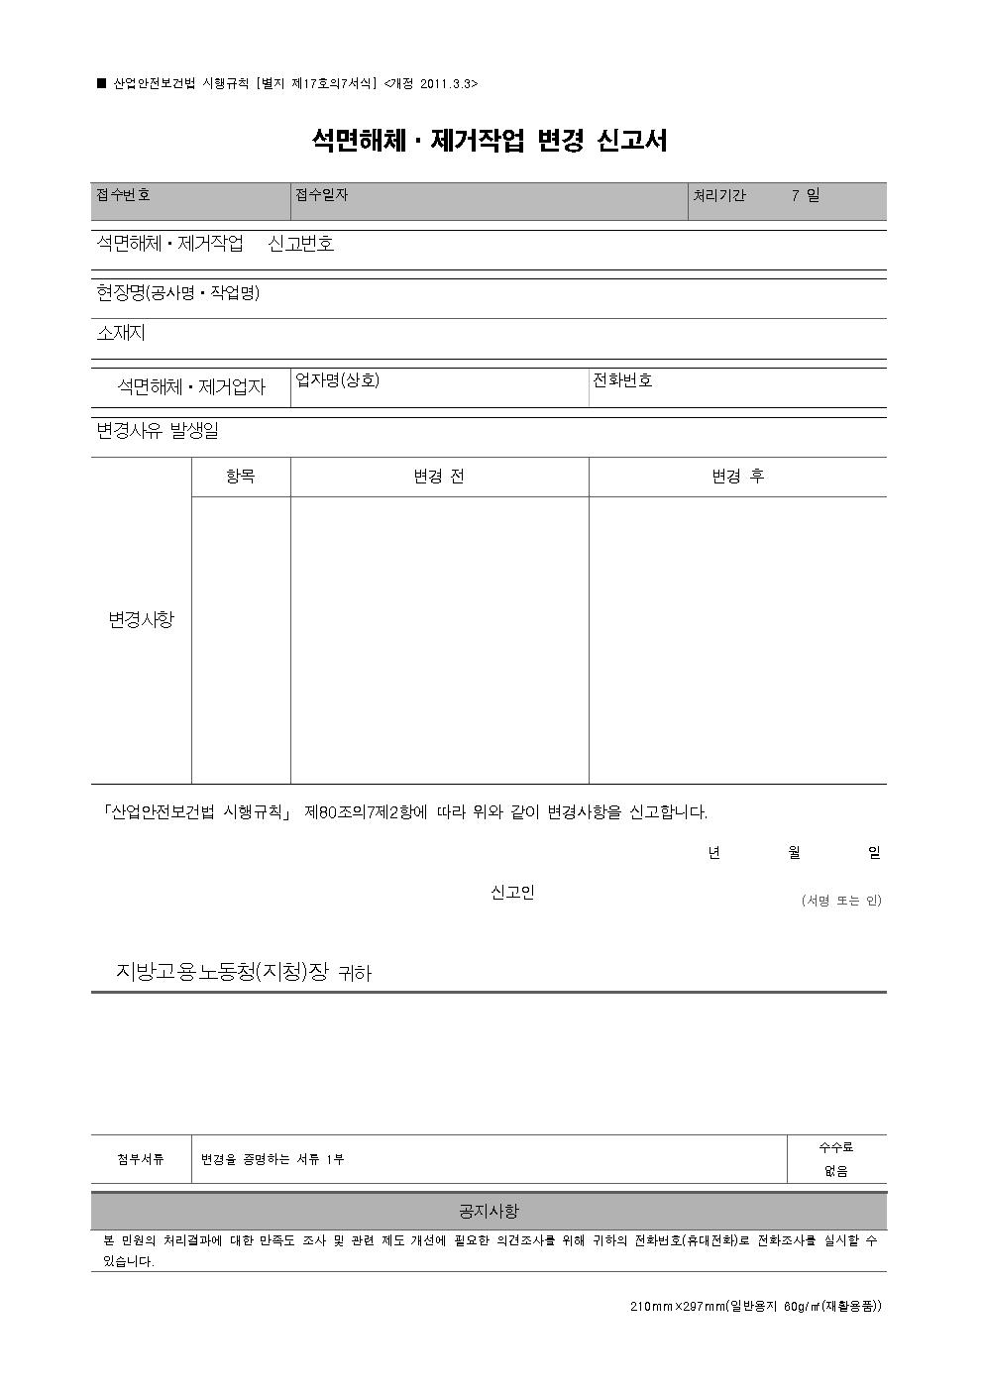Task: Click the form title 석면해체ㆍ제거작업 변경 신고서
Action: [x=490, y=141]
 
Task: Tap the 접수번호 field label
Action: [x=123, y=195]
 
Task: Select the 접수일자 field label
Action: [x=321, y=195]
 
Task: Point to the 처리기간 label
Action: [x=719, y=196]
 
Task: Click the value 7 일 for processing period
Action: [x=805, y=196]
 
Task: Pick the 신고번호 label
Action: [x=301, y=244]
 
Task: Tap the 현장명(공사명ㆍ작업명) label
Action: [x=177, y=293]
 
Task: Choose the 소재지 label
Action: [x=121, y=333]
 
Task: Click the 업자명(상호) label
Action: [x=338, y=380]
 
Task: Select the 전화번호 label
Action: [x=622, y=380]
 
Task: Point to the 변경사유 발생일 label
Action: [x=158, y=431]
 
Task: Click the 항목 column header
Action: [x=240, y=477]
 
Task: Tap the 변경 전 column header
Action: [x=438, y=477]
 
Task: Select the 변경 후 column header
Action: [x=737, y=477]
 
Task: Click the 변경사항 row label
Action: [x=141, y=620]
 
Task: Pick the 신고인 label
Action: [x=512, y=893]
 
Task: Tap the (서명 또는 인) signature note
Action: [x=840, y=901]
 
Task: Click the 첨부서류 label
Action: [x=141, y=1159]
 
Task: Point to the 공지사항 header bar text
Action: [x=489, y=1212]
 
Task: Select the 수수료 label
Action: [x=835, y=1147]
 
